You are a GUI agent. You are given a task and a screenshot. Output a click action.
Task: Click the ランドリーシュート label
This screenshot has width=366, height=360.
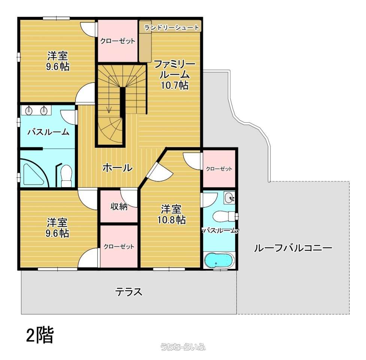(x=172, y=28)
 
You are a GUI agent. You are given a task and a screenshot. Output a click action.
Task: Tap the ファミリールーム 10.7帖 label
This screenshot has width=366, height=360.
(x=175, y=75)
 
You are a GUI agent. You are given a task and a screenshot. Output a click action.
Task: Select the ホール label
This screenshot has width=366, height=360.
(x=117, y=168)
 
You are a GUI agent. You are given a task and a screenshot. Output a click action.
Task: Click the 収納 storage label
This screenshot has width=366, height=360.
(x=119, y=206)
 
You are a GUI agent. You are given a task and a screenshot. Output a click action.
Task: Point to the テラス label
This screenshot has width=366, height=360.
(x=128, y=292)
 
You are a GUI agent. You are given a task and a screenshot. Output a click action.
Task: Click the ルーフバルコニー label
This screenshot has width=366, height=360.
(x=293, y=248)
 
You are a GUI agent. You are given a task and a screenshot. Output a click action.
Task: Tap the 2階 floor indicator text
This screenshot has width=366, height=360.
(x=40, y=335)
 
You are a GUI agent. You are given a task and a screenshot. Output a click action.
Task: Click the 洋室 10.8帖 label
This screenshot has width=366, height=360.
(x=171, y=214)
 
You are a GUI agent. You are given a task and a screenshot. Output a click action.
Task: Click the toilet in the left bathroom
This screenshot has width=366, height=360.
(x=66, y=175)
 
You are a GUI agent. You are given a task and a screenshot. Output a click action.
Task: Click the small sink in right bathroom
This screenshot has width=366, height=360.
(x=229, y=198)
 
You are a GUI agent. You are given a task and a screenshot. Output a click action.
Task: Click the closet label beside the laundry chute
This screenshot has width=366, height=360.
(x=118, y=41)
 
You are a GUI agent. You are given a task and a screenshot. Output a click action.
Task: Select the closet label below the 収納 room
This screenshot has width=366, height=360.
(x=119, y=247)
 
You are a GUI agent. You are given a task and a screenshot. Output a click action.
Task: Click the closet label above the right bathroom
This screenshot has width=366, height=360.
(x=219, y=169)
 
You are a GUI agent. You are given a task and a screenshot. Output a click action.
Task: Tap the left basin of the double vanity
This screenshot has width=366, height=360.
(x=28, y=110)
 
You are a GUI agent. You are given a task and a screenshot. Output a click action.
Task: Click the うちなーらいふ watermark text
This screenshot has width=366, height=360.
(x=183, y=347)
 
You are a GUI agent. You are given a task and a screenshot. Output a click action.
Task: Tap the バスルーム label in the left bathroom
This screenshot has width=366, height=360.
(x=48, y=132)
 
